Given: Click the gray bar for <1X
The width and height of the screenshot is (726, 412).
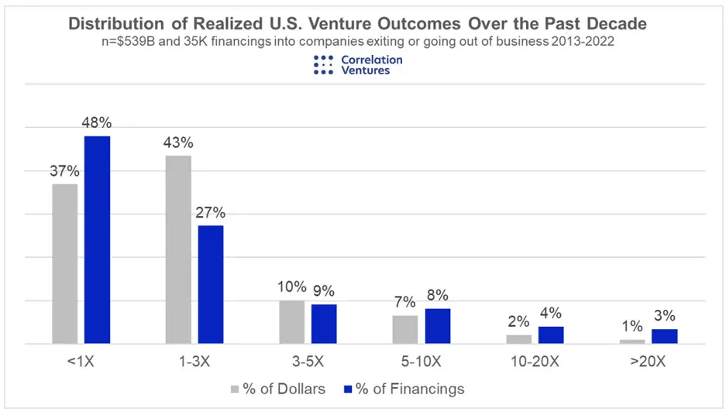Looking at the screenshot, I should pyautogui.click(x=65, y=263).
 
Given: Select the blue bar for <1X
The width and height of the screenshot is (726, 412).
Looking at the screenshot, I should pyautogui.click(x=97, y=239).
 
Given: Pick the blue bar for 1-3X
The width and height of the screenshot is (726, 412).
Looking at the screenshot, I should pyautogui.click(x=211, y=284).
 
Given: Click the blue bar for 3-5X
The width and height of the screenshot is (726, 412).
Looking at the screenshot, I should pyautogui.click(x=324, y=324).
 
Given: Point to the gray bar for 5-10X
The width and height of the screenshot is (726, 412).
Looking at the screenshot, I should pyautogui.click(x=405, y=329).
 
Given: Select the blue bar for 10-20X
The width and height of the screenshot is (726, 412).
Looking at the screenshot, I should pyautogui.click(x=551, y=335).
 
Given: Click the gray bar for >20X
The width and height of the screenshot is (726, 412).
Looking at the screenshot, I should pyautogui.click(x=632, y=342).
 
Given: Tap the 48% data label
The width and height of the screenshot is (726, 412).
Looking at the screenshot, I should pyautogui.click(x=97, y=123).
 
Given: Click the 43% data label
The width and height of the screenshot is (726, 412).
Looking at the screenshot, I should pyautogui.click(x=178, y=143).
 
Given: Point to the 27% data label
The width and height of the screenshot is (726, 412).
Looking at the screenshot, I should pyautogui.click(x=211, y=212).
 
